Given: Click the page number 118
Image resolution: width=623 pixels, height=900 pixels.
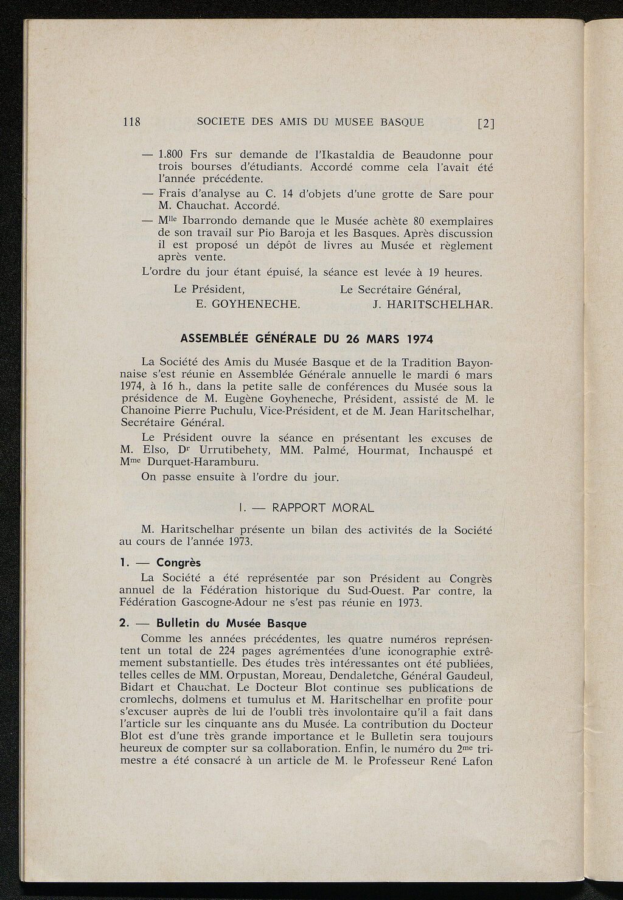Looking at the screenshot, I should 131,122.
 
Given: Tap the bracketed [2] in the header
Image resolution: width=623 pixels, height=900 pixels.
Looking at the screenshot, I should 486,123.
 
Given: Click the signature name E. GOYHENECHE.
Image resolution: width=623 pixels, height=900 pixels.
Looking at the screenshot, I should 248,303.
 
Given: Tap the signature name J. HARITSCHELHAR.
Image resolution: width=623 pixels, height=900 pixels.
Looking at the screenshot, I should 433,303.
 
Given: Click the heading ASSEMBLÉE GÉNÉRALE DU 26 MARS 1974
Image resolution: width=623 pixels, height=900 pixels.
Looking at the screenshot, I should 307,338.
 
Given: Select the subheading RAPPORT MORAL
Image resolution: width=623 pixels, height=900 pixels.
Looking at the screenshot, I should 323,507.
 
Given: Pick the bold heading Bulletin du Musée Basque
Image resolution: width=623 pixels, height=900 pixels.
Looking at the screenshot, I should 231,623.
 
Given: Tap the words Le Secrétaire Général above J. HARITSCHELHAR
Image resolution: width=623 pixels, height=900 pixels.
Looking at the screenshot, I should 400,289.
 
